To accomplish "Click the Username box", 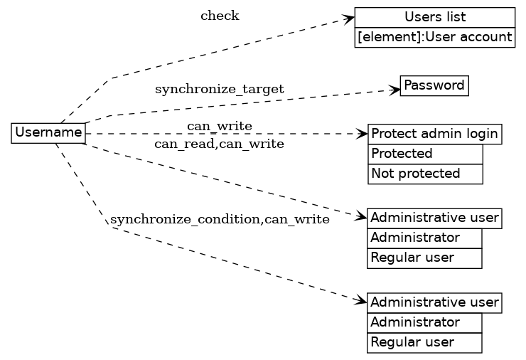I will click(48, 132).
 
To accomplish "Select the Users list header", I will click(434, 17).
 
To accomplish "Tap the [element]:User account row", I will click(434, 37).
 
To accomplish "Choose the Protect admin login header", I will click(434, 134).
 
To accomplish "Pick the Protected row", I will click(425, 154).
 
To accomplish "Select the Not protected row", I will click(425, 174).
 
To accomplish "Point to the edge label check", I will click(220, 16).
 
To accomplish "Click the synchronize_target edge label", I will click(219, 90).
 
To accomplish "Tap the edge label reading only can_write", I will click(219, 127).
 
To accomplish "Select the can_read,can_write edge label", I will click(219, 144).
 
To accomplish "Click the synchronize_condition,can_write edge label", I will click(220, 219).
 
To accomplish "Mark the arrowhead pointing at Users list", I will click(349, 18).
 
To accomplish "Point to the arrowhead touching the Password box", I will click(395, 90).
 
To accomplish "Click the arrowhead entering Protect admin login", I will click(363, 133).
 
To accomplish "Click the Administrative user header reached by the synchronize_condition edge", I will click(434, 302).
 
